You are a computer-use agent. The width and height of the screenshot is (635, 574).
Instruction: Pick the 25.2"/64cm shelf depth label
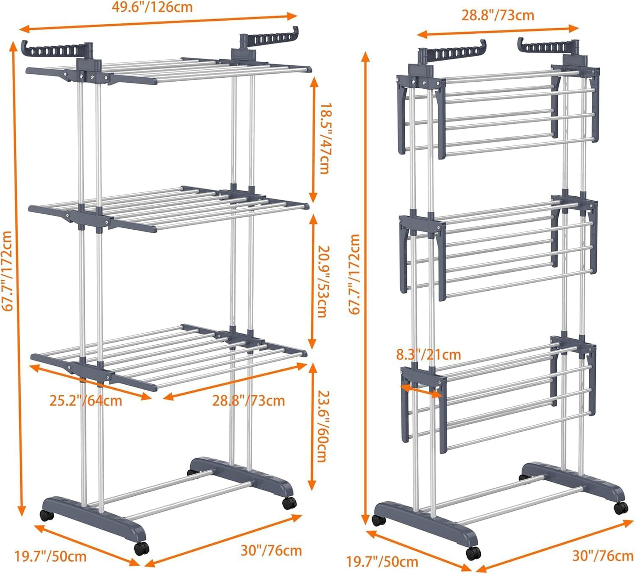pos(85,401)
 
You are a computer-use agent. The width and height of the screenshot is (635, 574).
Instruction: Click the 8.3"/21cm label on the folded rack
pos(428,354)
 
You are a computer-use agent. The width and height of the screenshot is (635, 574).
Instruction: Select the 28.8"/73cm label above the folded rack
pos(497,15)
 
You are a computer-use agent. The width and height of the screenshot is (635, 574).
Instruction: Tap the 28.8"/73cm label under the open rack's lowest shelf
pos(248,401)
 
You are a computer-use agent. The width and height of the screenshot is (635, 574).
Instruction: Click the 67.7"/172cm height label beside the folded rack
pos(355,274)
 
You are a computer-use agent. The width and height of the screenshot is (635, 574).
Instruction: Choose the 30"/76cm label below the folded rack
pos(602,556)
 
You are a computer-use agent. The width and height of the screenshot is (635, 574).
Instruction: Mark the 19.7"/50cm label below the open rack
pos(51,557)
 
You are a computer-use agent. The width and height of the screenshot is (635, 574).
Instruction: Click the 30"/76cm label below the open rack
pos(271,550)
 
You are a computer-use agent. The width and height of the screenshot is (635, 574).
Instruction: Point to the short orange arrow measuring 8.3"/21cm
pos(421,390)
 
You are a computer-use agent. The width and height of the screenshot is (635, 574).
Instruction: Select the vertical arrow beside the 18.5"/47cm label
pos(313,139)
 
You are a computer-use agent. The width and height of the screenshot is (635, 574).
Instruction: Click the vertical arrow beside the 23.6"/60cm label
pos(312,426)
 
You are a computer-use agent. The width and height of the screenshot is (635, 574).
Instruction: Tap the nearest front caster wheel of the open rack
pos(142,548)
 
